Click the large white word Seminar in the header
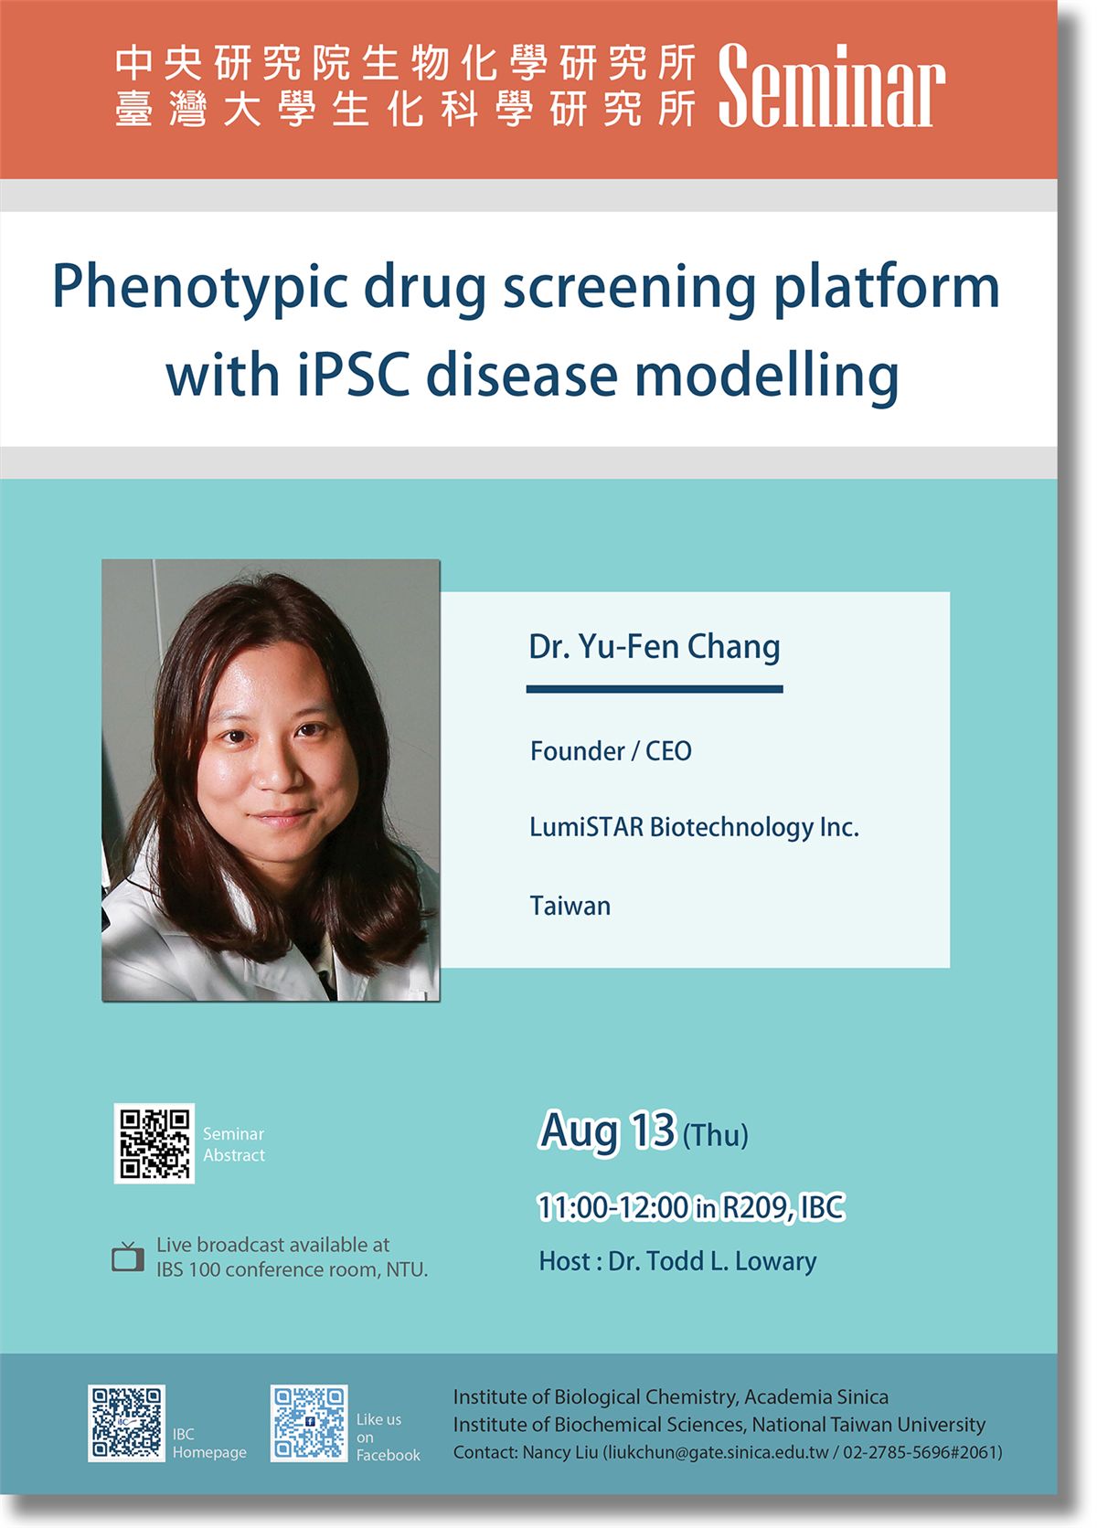pos(831,86)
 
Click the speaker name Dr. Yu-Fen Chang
pos(655,646)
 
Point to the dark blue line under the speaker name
pos(655,689)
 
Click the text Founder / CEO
pos(611,751)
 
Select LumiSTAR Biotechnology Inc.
pos(694,827)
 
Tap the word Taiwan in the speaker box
pos(570,906)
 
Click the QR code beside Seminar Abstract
pos(154,1143)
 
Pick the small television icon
pos(128,1257)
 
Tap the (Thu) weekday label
pos(715,1135)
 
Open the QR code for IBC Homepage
pos(126,1423)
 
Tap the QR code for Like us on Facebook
pos(309,1423)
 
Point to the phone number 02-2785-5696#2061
pos(922,1452)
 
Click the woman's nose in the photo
pos(276,770)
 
